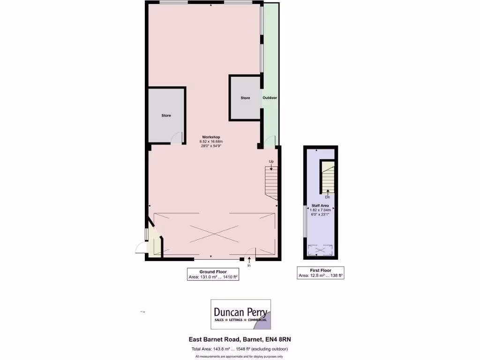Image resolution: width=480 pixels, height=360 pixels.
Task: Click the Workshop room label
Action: pyautogui.click(x=211, y=137)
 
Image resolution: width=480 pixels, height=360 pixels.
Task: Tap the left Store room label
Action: pyautogui.click(x=166, y=115)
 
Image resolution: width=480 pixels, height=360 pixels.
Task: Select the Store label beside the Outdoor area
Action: pyautogui.click(x=245, y=98)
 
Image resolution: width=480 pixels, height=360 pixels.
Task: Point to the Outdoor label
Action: pyautogui.click(x=270, y=98)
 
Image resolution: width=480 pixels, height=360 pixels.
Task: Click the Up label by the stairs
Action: pyautogui.click(x=271, y=161)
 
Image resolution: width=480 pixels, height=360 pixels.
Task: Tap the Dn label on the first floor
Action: pyautogui.click(x=327, y=197)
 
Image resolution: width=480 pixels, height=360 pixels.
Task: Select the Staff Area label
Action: pyautogui.click(x=320, y=205)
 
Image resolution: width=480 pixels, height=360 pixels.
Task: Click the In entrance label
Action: pyautogui.click(x=249, y=266)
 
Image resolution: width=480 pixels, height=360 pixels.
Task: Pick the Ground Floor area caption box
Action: pyautogui.click(x=213, y=274)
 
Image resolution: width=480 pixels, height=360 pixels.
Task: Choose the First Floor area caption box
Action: pyautogui.click(x=321, y=273)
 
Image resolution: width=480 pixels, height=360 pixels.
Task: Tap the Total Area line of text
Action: pyautogui.click(x=240, y=349)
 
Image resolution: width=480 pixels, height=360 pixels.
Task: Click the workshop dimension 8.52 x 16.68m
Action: pyautogui.click(x=211, y=142)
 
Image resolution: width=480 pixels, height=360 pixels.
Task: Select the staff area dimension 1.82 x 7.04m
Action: pyautogui.click(x=320, y=210)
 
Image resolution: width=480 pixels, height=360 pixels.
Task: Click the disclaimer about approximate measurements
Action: pyautogui.click(x=240, y=357)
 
